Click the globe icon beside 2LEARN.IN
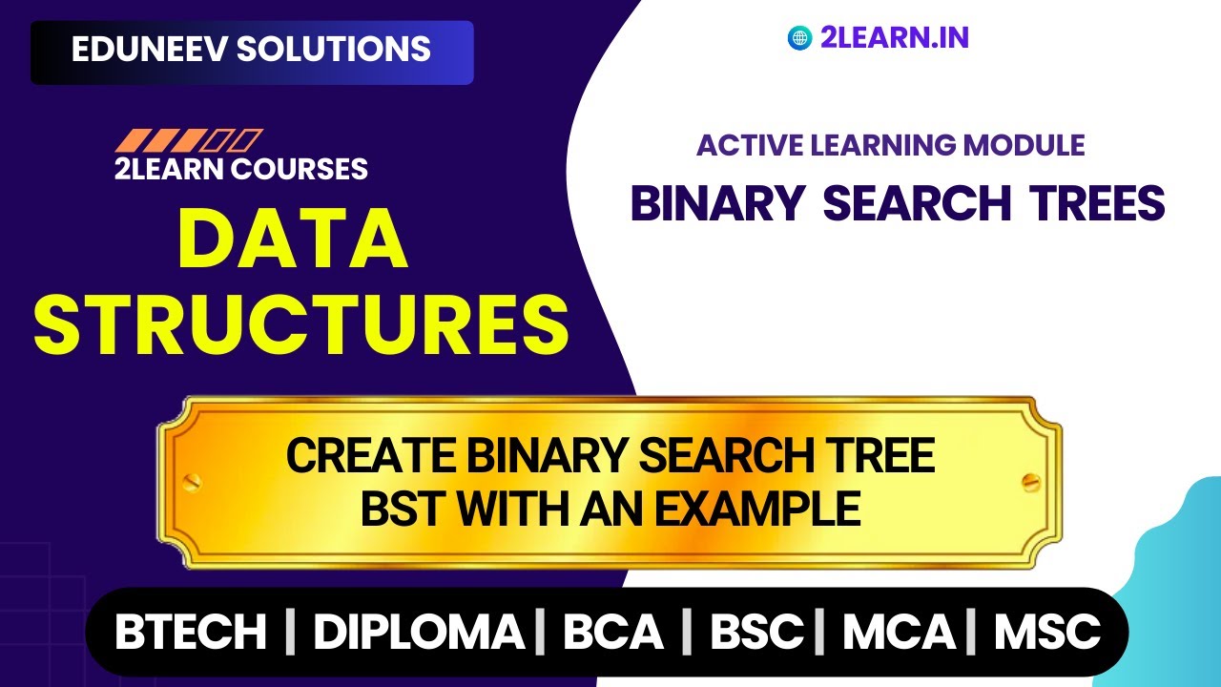point(799,38)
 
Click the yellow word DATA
point(293,239)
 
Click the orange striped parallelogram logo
point(188,141)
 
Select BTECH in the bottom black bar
point(191,632)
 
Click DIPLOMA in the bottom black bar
point(418,632)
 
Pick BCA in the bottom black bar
point(612,632)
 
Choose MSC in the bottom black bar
point(1047,632)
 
